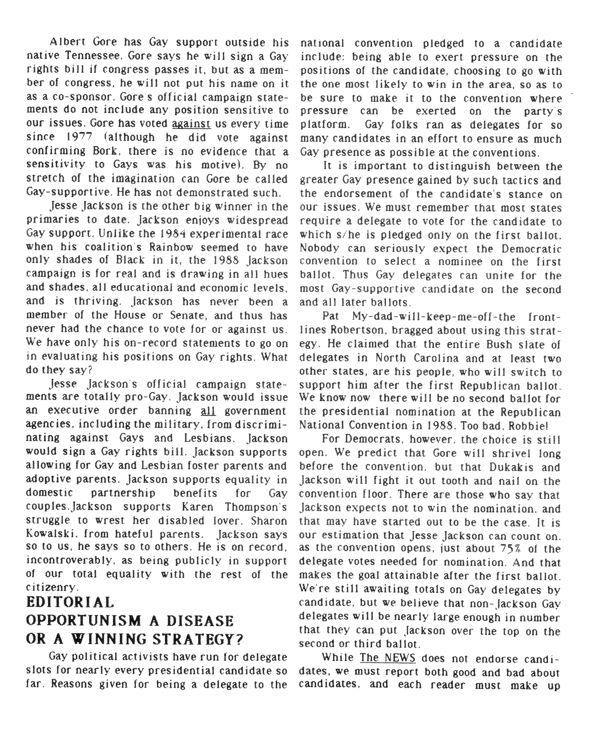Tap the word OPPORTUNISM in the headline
pos(83,621)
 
